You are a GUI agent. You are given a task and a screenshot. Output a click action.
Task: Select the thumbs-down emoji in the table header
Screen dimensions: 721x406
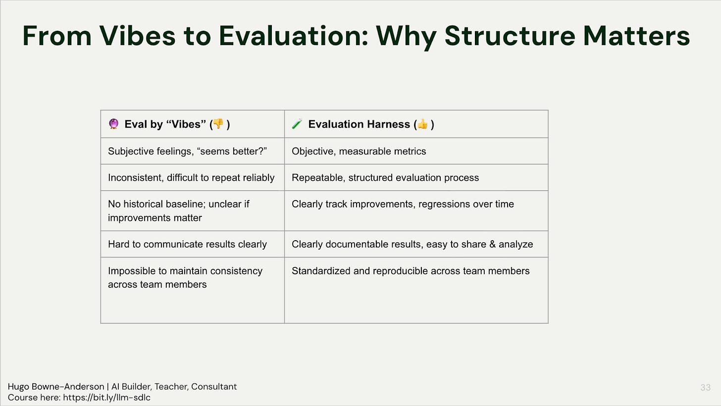[218, 124]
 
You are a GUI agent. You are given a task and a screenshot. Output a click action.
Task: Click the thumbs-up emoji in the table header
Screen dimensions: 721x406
[422, 124]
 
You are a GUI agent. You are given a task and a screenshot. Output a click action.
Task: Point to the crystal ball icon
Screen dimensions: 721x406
[113, 124]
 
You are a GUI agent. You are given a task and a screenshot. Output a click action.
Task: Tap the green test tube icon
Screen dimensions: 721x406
[297, 124]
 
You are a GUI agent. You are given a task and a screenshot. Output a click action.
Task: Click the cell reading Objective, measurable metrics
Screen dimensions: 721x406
[359, 152]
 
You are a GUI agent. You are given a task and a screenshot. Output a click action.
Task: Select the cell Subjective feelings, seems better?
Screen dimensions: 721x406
[188, 152]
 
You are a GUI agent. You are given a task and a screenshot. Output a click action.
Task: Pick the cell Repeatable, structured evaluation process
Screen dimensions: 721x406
[385, 178]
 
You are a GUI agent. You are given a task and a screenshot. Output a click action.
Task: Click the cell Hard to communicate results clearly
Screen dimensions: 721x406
[188, 244]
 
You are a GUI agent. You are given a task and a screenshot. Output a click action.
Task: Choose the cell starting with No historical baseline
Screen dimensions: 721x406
[179, 211]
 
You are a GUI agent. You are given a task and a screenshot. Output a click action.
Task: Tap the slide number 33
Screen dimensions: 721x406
[705, 387]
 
